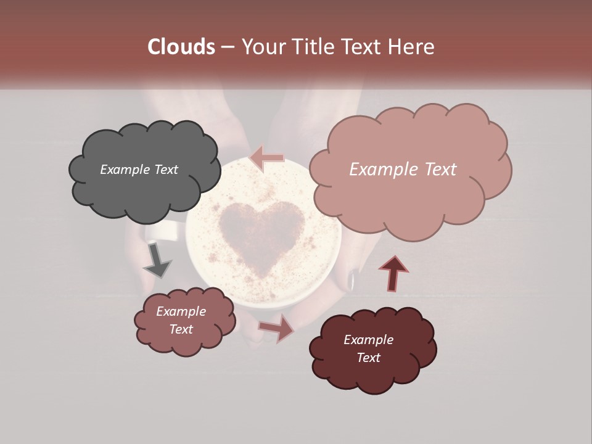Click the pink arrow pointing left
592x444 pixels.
pos(267,158)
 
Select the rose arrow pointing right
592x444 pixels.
pos(276,328)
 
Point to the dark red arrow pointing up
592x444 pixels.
pos(393,273)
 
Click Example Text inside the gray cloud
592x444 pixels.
pos(139,170)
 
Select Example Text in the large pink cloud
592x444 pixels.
pos(403,170)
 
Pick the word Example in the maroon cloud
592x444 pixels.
pos(368,340)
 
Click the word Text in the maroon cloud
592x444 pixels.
pos(368,358)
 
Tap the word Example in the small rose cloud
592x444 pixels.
pos(181,311)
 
